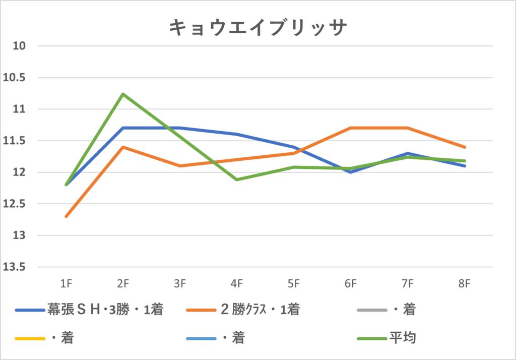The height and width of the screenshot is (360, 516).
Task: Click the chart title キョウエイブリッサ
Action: click(x=257, y=28)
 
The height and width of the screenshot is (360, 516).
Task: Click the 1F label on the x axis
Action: click(x=66, y=284)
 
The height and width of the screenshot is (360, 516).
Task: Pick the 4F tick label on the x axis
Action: click(x=236, y=284)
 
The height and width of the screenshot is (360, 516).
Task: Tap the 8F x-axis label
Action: click(x=464, y=284)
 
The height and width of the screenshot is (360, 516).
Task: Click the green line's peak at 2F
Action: click(x=122, y=94)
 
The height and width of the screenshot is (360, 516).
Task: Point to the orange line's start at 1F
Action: click(x=66, y=216)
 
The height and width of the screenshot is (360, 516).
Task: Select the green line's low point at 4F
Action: click(x=236, y=179)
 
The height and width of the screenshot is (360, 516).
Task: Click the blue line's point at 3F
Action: click(x=179, y=128)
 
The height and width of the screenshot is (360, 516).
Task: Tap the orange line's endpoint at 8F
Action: click(x=464, y=147)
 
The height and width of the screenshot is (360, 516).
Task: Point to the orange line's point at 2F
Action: click(x=122, y=147)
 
